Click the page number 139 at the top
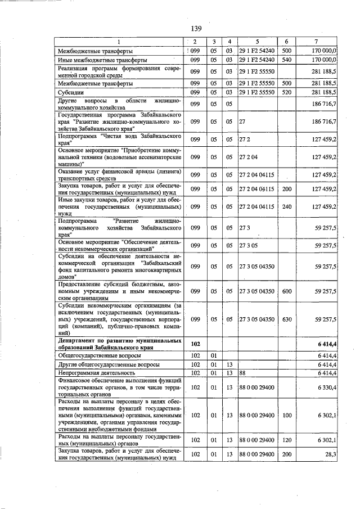coord(196,28)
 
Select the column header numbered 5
coord(256,42)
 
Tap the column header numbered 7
coord(317,42)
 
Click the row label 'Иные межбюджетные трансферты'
coord(103,59)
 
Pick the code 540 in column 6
coord(286,59)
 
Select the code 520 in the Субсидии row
coord(286,92)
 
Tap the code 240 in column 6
coord(286,206)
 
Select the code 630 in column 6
coord(286,319)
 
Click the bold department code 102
coord(195,343)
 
